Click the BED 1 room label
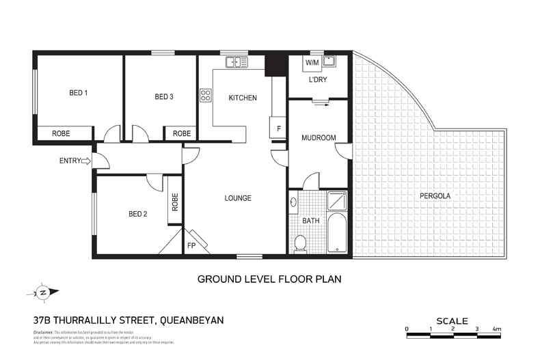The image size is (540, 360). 79,93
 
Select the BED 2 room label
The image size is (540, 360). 138,214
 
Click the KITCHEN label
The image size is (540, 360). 243,98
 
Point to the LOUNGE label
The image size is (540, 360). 238,198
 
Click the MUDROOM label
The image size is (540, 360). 319,138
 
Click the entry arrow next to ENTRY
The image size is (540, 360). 86,161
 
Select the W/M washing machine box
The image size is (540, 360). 312,63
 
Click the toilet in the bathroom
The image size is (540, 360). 299,243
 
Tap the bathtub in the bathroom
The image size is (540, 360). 338,234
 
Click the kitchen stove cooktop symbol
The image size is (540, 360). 205,96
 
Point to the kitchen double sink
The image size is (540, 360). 237,63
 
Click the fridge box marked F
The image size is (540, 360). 278,128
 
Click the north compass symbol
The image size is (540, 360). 42,292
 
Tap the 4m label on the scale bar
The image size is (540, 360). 497,329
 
